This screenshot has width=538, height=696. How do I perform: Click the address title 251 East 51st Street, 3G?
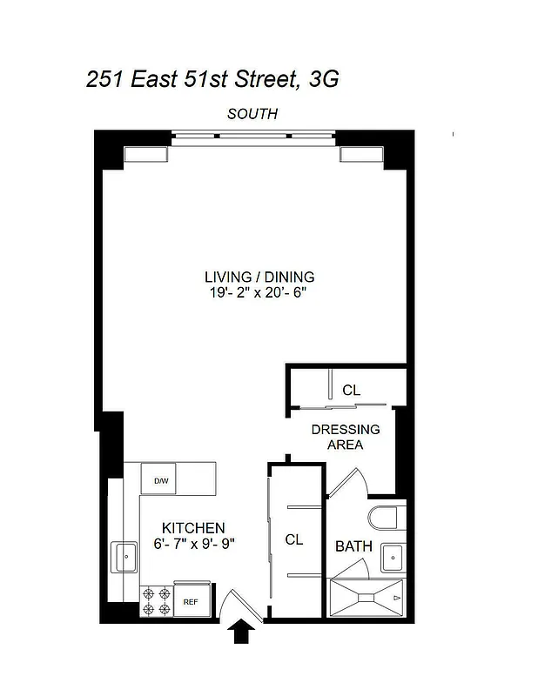212,80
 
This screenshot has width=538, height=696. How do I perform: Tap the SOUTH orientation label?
252,114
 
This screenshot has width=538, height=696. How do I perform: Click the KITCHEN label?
193,528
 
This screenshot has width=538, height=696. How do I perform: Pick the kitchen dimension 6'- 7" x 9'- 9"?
193,544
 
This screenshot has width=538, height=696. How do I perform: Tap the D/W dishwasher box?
161,480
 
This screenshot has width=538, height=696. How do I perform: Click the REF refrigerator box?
189,600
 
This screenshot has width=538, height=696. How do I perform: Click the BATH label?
354,546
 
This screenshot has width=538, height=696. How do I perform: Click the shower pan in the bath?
367,599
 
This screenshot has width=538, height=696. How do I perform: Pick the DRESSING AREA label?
346,437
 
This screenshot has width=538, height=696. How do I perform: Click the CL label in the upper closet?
351,391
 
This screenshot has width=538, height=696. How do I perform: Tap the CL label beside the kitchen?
294,539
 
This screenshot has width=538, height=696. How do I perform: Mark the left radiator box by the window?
145,155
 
